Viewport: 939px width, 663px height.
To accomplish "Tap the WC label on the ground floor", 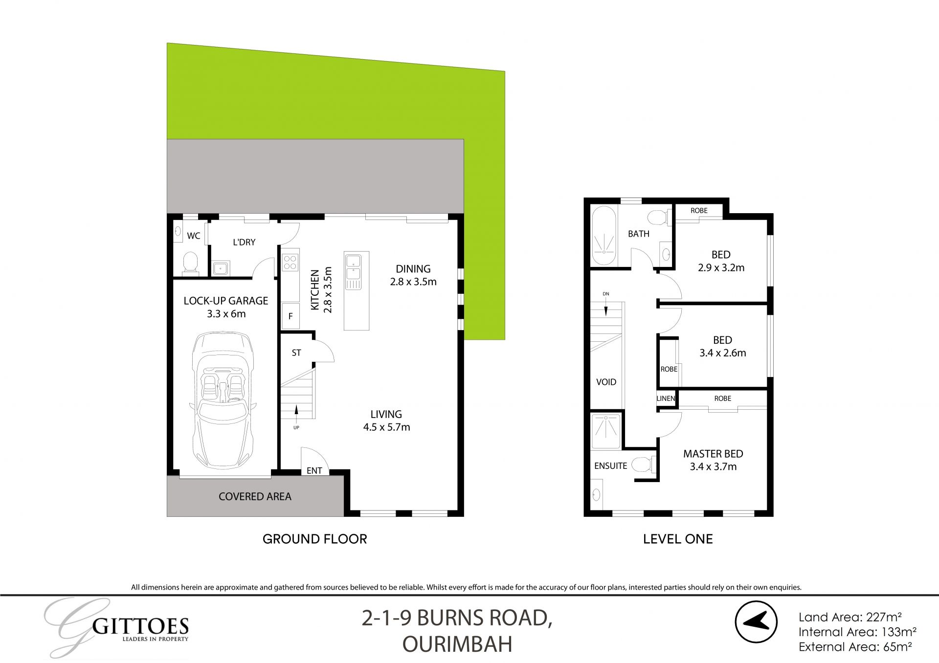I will (x=194, y=236).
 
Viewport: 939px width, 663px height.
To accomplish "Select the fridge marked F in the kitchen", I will (x=290, y=316).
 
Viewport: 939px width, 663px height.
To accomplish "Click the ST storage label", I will (x=296, y=353).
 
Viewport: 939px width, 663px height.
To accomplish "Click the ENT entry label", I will (x=314, y=470).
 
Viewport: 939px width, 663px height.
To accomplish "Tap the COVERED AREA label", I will (x=255, y=497).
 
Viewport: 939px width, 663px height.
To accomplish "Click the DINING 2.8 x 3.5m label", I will (x=413, y=275).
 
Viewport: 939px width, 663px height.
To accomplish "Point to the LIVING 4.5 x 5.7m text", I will (x=386, y=420).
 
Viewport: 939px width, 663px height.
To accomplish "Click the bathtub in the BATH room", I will (x=604, y=237).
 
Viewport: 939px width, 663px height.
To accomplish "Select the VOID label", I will (x=606, y=382).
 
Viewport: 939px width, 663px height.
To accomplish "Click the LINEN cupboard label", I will (x=666, y=398).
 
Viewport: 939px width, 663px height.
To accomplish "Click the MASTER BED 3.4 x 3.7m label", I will (x=713, y=460).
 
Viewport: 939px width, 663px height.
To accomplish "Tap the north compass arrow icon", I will (x=756, y=621).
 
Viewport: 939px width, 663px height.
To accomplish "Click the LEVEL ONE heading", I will (x=678, y=539).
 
